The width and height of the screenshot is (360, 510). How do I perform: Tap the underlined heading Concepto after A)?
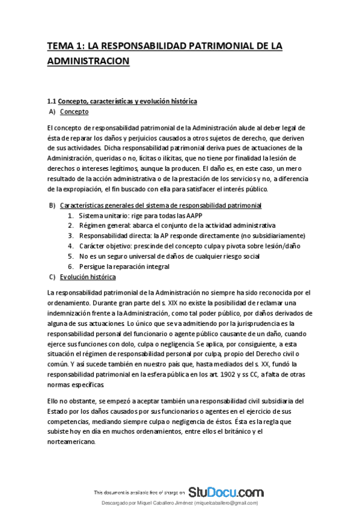coord(75,111)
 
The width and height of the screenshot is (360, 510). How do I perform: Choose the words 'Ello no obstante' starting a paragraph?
coord(68,400)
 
